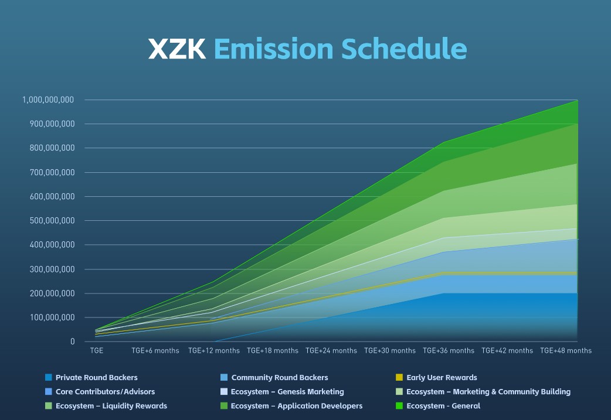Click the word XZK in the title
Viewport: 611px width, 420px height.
click(176, 49)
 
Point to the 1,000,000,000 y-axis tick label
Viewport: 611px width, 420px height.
click(48, 100)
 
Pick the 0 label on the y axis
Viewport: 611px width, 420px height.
click(72, 342)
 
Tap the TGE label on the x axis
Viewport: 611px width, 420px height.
click(97, 351)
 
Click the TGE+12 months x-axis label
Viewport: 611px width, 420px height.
click(214, 351)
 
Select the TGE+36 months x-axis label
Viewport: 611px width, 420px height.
click(449, 351)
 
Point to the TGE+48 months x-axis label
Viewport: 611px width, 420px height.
click(566, 351)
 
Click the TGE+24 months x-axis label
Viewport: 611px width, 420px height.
click(331, 351)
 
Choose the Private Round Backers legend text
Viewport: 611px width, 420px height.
click(96, 378)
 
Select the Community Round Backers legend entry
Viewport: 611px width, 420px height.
click(280, 378)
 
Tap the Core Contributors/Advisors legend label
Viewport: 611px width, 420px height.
click(105, 392)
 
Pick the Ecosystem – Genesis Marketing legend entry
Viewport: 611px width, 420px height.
click(287, 392)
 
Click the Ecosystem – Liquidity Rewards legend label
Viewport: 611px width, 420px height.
click(111, 406)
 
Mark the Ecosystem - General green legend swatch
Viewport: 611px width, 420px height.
click(399, 406)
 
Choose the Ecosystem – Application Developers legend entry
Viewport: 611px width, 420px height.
click(297, 406)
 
